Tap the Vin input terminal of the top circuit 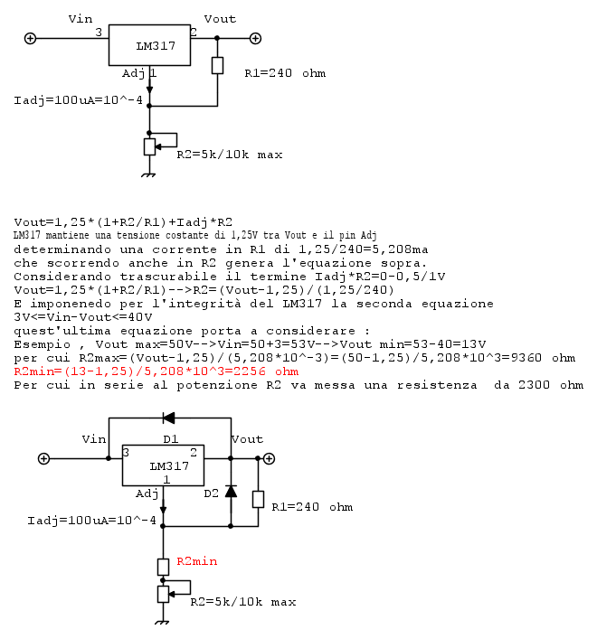click(x=30, y=38)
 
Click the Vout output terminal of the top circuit click(x=255, y=38)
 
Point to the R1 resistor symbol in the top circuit click(x=217, y=66)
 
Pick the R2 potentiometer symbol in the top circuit click(x=150, y=146)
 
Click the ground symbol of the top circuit click(x=149, y=175)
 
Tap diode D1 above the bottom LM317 click(x=169, y=418)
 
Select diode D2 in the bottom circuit click(x=231, y=492)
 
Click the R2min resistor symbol click(x=163, y=567)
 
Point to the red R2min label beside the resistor click(x=197, y=561)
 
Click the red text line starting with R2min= click(x=156, y=371)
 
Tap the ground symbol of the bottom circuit click(x=162, y=623)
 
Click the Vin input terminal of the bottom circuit click(x=43, y=458)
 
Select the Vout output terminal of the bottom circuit click(x=269, y=458)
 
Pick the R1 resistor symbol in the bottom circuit click(x=258, y=499)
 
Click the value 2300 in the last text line click(x=535, y=385)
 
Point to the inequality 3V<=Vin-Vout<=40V click(x=83, y=317)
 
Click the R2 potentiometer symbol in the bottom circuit click(x=164, y=594)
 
